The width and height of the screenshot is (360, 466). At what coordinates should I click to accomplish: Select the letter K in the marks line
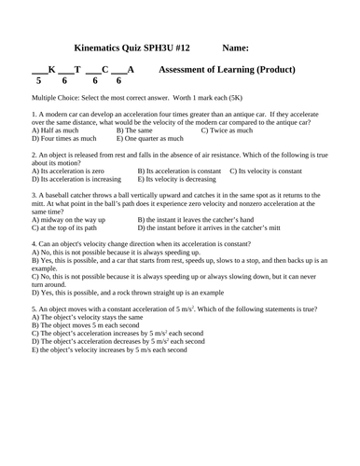[x=51, y=70]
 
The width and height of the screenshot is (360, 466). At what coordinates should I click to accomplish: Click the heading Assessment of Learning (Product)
[x=228, y=70]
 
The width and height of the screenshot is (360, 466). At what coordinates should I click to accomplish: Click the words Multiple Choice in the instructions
[x=56, y=97]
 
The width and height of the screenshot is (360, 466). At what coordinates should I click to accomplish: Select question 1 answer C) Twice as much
[x=231, y=130]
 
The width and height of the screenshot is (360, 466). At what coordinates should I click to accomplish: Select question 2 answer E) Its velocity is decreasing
[x=184, y=180]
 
